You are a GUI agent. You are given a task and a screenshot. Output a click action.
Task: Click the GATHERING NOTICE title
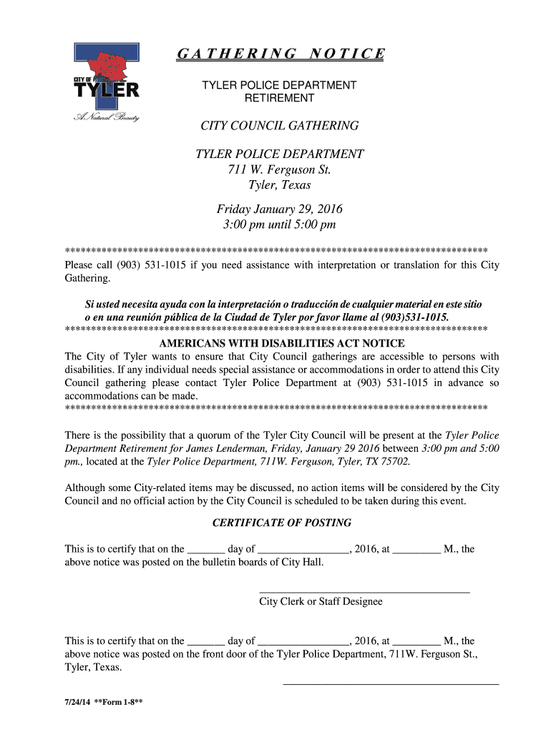[x=280, y=54]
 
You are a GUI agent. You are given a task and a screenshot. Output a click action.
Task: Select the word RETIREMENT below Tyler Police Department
[x=279, y=98]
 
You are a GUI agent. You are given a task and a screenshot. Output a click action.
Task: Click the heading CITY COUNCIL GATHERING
[x=279, y=126]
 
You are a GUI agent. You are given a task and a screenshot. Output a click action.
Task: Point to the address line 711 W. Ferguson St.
[x=279, y=169]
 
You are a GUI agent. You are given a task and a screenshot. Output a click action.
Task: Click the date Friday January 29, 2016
[x=279, y=209]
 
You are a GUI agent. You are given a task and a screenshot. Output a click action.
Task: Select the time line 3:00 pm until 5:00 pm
[x=279, y=225]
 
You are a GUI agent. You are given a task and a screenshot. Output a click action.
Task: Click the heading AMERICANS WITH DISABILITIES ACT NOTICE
[x=282, y=344]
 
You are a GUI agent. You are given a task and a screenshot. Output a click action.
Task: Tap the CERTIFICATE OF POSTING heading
[x=282, y=523]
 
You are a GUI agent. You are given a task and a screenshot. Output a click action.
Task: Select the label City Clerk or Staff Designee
[x=321, y=602]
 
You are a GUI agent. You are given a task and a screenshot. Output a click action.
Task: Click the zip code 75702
[x=394, y=462]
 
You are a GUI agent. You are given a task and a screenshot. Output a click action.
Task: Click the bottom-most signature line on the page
[x=391, y=684]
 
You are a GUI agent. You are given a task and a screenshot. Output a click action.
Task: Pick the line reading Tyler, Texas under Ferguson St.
[x=279, y=185]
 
